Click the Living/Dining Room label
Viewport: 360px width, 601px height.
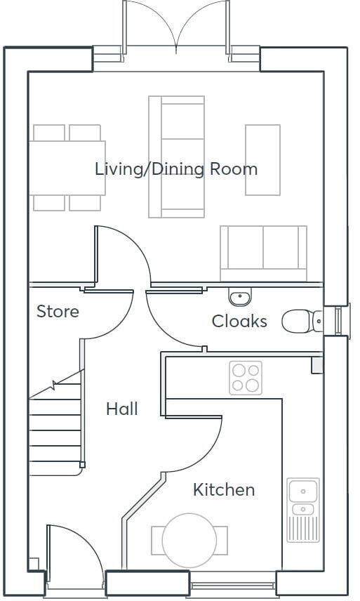point(176,169)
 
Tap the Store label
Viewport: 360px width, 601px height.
point(58,311)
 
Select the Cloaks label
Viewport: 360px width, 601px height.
point(239,321)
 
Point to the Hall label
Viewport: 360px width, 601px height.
point(121,409)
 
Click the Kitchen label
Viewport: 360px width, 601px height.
point(224,489)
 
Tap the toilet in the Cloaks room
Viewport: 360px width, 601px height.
point(300,321)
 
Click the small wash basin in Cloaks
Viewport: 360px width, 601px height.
point(240,297)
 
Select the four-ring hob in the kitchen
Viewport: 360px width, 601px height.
point(246,378)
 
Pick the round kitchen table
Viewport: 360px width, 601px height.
point(189,540)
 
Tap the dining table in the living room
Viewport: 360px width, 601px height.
point(67,167)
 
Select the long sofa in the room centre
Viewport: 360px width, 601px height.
point(176,157)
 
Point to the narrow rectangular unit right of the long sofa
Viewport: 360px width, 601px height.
point(262,160)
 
